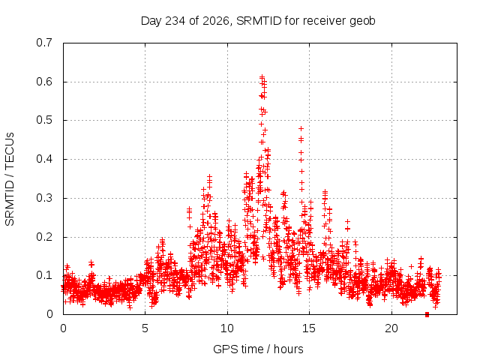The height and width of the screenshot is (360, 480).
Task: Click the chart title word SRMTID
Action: tap(259, 21)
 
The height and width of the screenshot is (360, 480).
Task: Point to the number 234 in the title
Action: tap(175, 21)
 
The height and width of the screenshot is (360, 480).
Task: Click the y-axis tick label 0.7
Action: tap(44, 43)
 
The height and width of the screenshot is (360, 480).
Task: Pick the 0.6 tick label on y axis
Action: tap(44, 82)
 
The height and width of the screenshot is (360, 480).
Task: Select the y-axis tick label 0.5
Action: tap(44, 120)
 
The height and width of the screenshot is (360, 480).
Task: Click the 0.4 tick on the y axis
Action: tap(44, 159)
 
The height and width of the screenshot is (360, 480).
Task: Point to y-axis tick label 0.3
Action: tap(44, 198)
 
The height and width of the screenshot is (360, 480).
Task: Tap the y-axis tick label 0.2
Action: tap(44, 237)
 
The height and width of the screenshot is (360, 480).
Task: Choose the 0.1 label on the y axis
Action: tap(44, 275)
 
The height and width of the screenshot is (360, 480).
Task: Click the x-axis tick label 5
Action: tap(145, 328)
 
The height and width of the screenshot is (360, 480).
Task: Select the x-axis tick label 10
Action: tap(227, 328)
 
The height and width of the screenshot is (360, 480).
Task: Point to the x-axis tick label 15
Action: tap(309, 328)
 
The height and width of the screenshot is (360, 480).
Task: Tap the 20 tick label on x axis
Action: tap(391, 328)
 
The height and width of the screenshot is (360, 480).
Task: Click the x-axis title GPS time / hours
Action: tap(258, 349)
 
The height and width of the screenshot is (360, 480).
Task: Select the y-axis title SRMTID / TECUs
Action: tap(10, 179)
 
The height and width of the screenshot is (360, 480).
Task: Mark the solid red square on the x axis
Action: tap(427, 315)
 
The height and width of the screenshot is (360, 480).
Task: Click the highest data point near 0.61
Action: tap(262, 76)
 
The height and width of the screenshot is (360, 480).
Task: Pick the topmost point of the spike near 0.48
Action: tap(301, 128)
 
